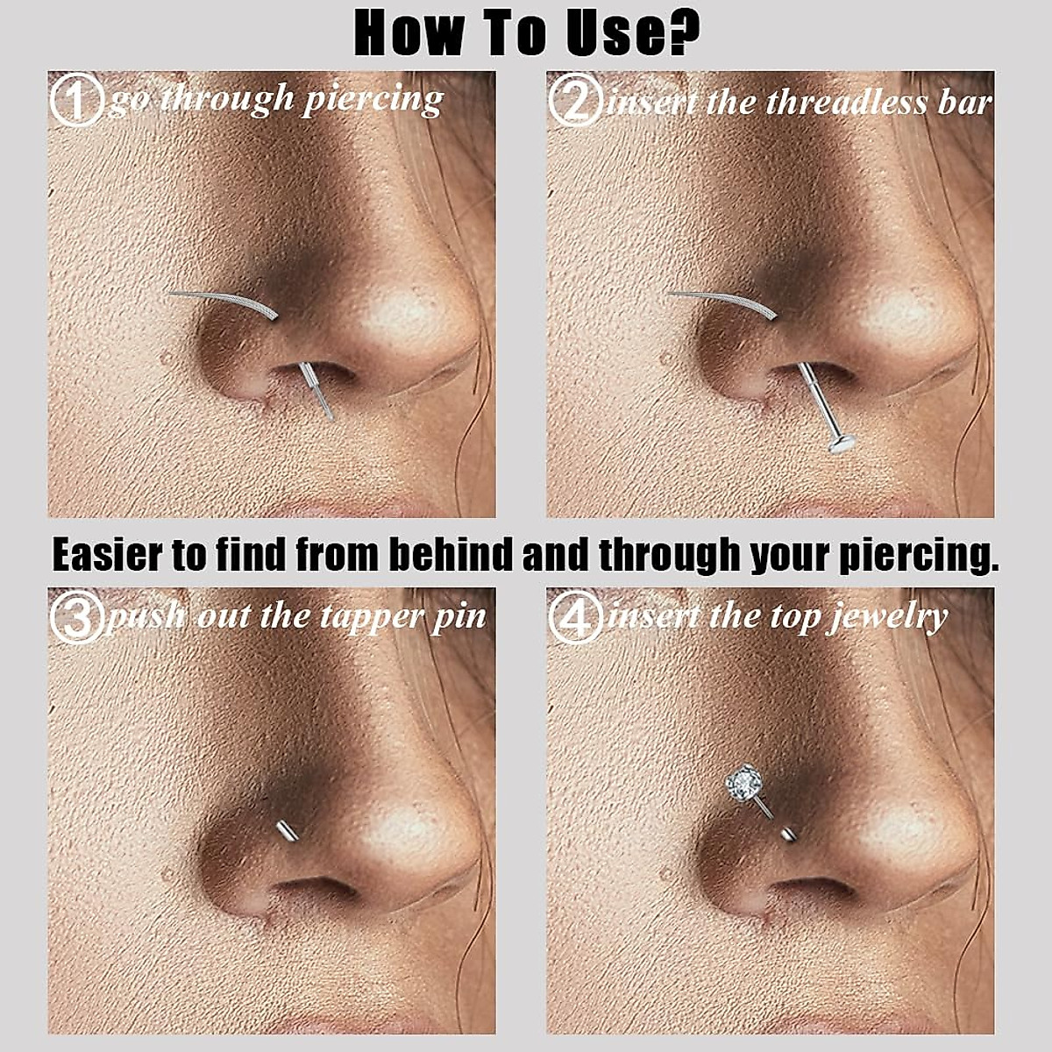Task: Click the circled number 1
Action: click(x=76, y=101)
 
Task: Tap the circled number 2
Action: click(x=575, y=101)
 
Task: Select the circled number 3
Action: click(x=76, y=616)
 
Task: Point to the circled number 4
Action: click(x=575, y=617)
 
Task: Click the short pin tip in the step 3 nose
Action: click(x=284, y=829)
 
